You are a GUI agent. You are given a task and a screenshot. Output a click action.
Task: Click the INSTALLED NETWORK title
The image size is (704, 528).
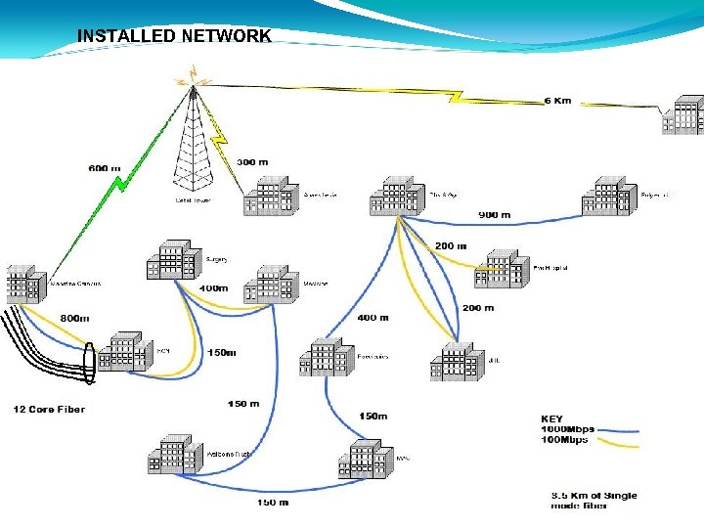(174, 36)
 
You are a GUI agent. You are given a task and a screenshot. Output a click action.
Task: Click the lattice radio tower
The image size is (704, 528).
(194, 147)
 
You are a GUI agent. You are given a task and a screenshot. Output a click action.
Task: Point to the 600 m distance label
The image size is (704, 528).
(105, 168)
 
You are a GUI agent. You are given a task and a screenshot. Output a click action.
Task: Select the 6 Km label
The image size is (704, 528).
(557, 100)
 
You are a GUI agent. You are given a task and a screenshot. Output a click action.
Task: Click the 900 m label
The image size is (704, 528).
(494, 214)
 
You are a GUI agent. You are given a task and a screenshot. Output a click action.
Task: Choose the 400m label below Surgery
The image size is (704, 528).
(213, 288)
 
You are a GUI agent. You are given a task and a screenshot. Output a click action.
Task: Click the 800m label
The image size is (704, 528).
(74, 318)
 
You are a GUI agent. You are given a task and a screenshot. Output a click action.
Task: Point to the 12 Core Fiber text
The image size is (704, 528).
(49, 409)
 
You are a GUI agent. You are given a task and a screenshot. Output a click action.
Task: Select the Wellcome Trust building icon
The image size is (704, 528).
(177, 455)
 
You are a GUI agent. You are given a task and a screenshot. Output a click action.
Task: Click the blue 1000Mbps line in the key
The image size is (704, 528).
(616, 429)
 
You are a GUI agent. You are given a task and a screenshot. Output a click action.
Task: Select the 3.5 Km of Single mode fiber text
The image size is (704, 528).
(594, 500)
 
